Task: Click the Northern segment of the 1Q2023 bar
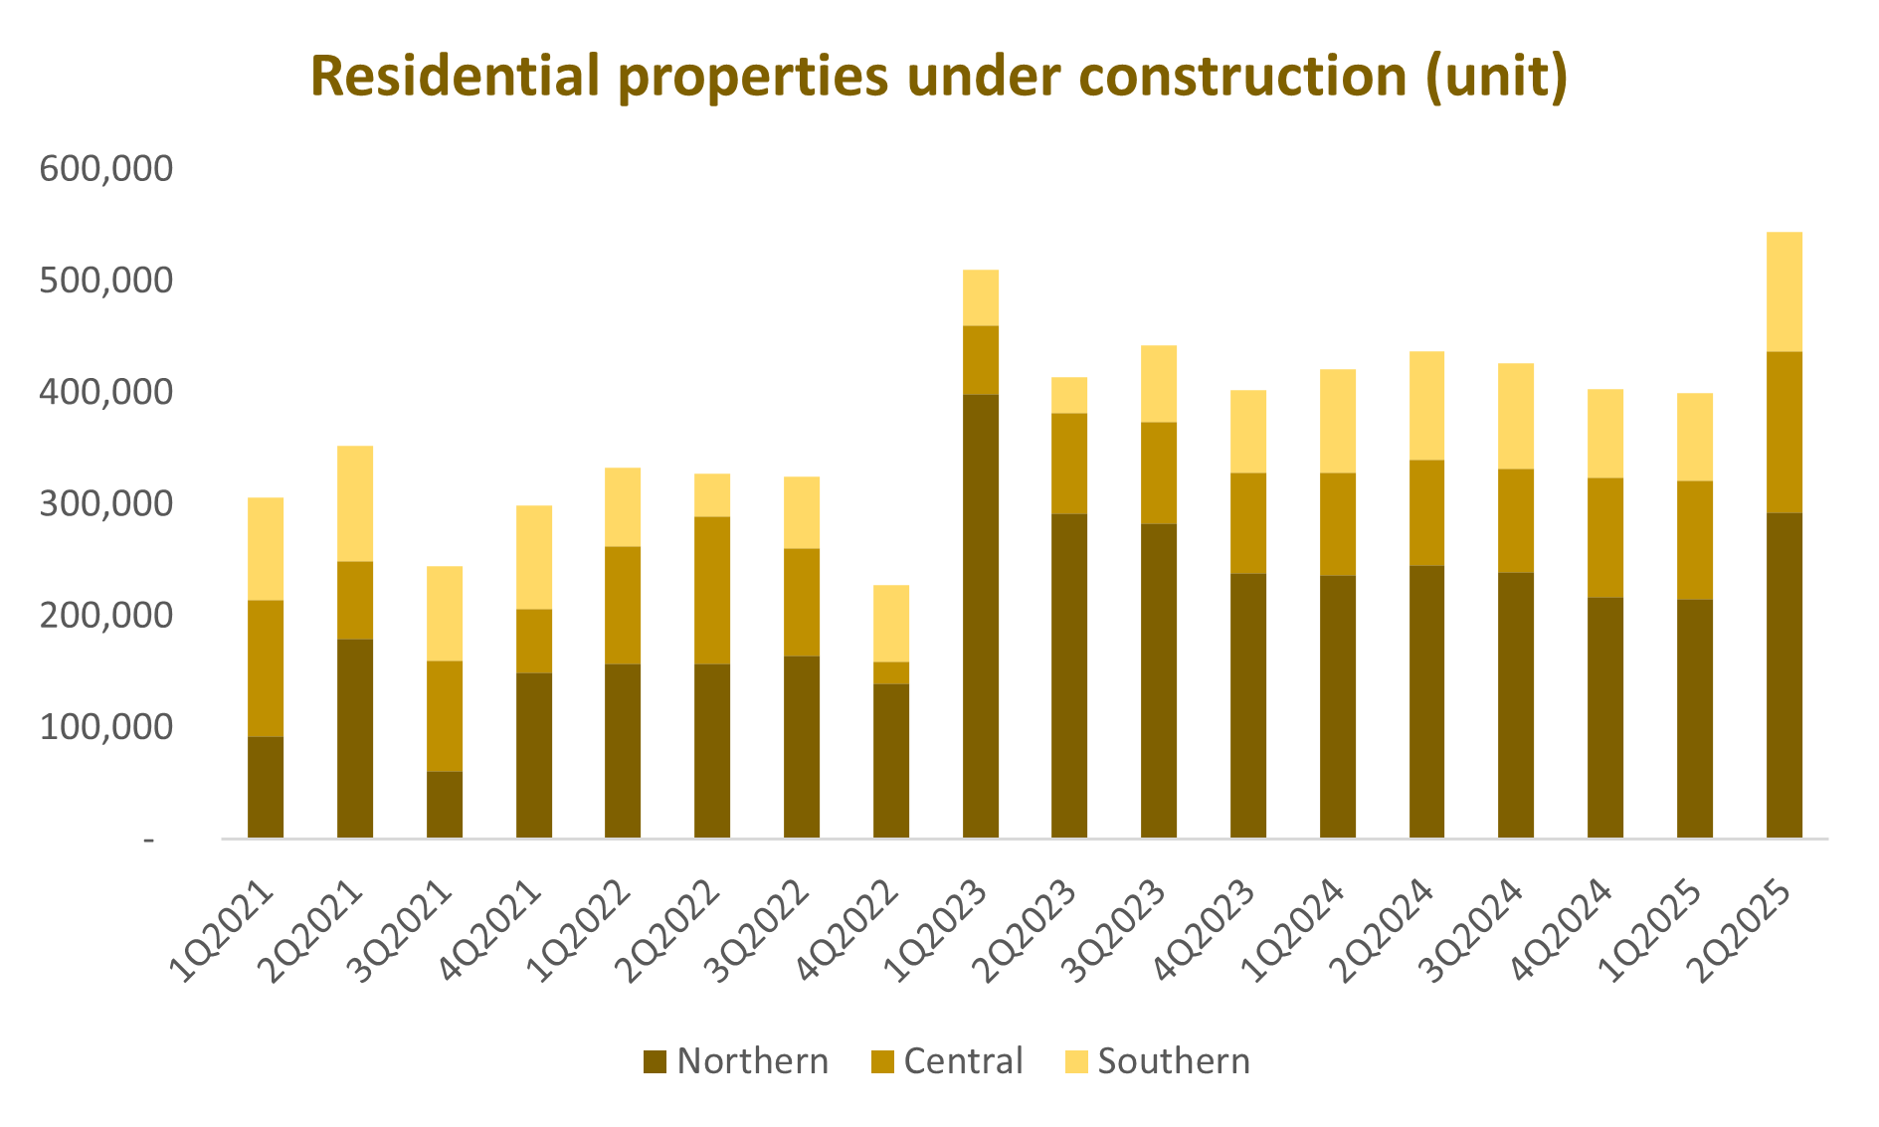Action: [980, 616]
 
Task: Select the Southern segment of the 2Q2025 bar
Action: [1784, 291]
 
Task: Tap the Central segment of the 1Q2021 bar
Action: [266, 668]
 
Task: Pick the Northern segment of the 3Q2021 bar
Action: [445, 805]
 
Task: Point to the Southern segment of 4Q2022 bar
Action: [890, 624]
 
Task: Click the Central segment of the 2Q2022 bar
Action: [712, 590]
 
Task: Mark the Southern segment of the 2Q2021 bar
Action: [355, 503]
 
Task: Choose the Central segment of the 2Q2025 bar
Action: [1784, 432]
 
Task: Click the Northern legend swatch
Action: [655, 1062]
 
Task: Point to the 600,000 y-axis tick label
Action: [105, 169]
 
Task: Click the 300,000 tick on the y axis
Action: [105, 504]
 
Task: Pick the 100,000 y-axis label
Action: [105, 728]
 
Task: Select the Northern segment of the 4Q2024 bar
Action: [1604, 717]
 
